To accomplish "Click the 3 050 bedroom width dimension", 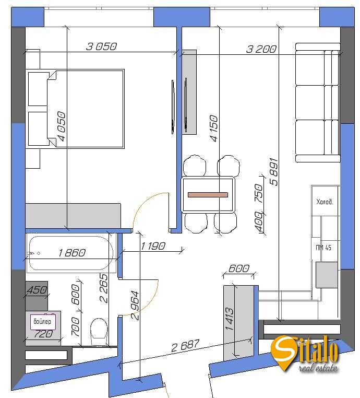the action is click(x=101, y=46).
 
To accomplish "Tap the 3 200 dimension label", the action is click(x=261, y=49).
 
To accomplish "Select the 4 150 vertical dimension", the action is click(x=213, y=128).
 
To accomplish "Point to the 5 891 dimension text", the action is click(x=274, y=172).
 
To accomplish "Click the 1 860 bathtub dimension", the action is click(x=72, y=253).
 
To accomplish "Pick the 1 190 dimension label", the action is click(x=153, y=246).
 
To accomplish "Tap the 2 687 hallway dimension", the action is click(x=185, y=346).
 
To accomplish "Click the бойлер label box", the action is click(x=43, y=322).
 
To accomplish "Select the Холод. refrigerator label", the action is click(x=325, y=202).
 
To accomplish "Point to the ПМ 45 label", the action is click(x=323, y=248).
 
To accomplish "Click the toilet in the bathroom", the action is click(x=99, y=332).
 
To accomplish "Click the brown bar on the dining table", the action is click(x=208, y=195).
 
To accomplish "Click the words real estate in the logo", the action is click(x=318, y=368).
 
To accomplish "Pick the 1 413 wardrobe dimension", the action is click(x=229, y=319).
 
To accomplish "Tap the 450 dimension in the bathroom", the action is click(x=37, y=290).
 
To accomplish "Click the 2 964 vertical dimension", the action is click(x=135, y=306).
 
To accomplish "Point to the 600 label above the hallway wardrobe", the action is click(x=239, y=268).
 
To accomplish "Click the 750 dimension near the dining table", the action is click(x=259, y=193).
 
